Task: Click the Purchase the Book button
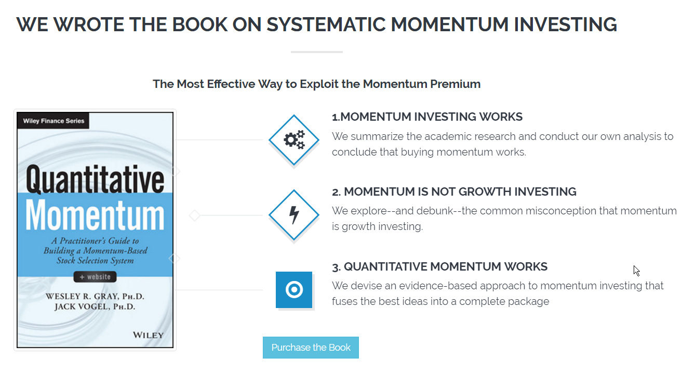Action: [x=311, y=348]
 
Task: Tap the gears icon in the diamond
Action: [x=294, y=140]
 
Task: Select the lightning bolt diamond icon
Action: [x=294, y=215]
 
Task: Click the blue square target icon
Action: [x=294, y=290]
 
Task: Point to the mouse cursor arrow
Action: [x=637, y=271]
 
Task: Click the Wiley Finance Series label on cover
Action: [x=53, y=121]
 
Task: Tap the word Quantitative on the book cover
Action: [x=95, y=180]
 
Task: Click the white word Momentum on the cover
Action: [x=95, y=215]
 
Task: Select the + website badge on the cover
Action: [x=95, y=277]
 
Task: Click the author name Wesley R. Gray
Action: [x=95, y=296]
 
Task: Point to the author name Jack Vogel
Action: [x=95, y=306]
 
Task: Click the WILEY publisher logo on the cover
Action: [x=148, y=335]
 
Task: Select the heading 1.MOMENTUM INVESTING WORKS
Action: [x=427, y=117]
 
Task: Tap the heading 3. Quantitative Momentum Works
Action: [x=439, y=267]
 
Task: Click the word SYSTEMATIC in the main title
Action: [x=326, y=24]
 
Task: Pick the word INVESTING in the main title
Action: [x=566, y=24]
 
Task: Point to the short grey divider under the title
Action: [x=317, y=52]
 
